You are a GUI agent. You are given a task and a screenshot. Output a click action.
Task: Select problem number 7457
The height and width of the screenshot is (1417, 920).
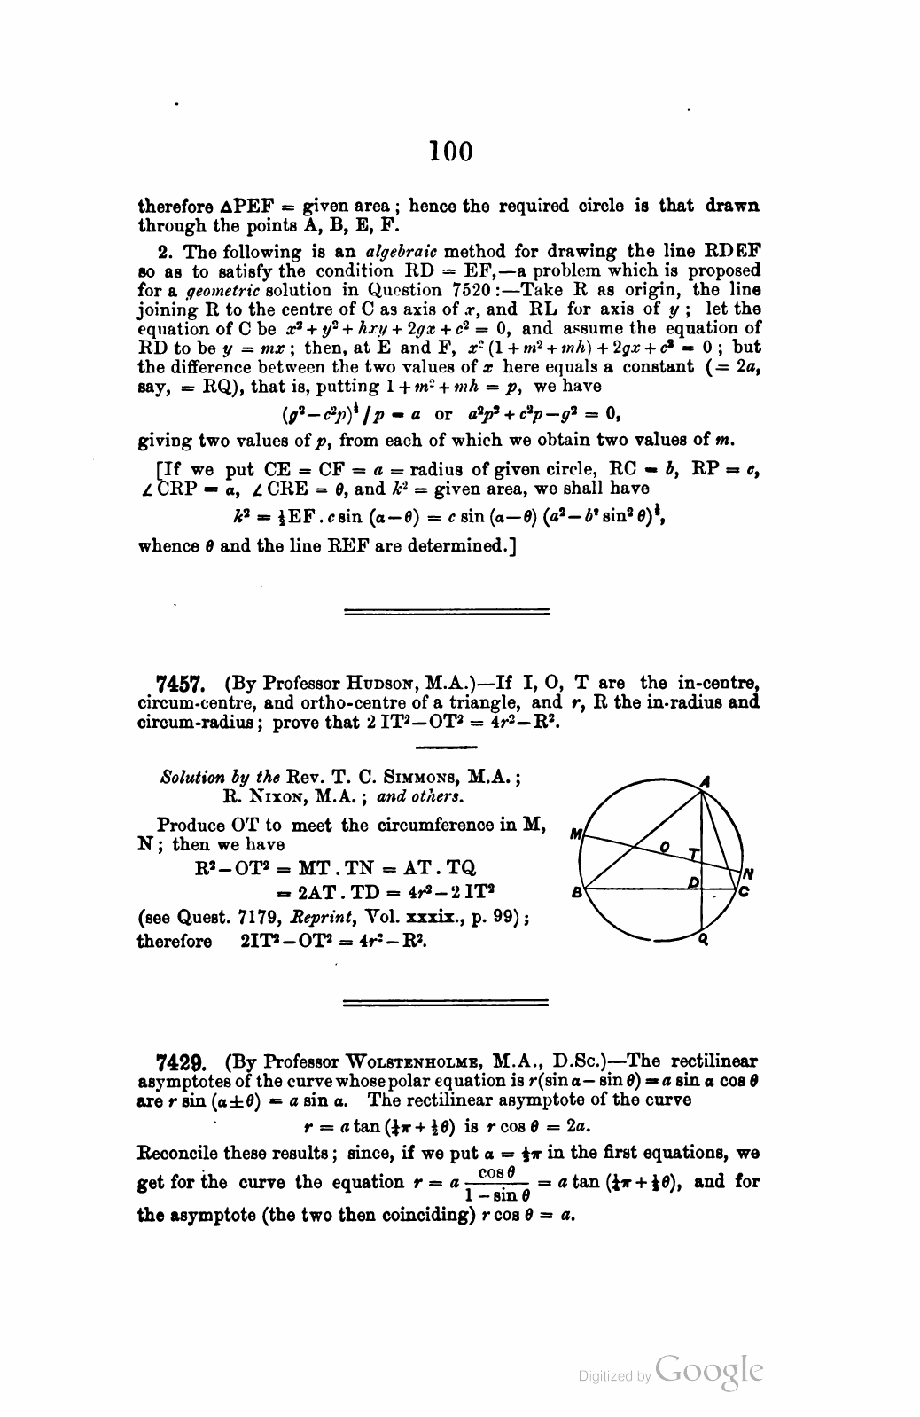pos(181,685)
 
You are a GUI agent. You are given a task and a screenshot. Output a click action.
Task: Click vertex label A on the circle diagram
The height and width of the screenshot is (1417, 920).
pos(706,781)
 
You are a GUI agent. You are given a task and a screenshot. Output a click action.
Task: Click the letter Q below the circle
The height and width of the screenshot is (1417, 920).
pos(703,941)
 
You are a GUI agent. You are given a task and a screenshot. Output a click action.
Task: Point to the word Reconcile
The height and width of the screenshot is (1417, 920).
pos(180,1154)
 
